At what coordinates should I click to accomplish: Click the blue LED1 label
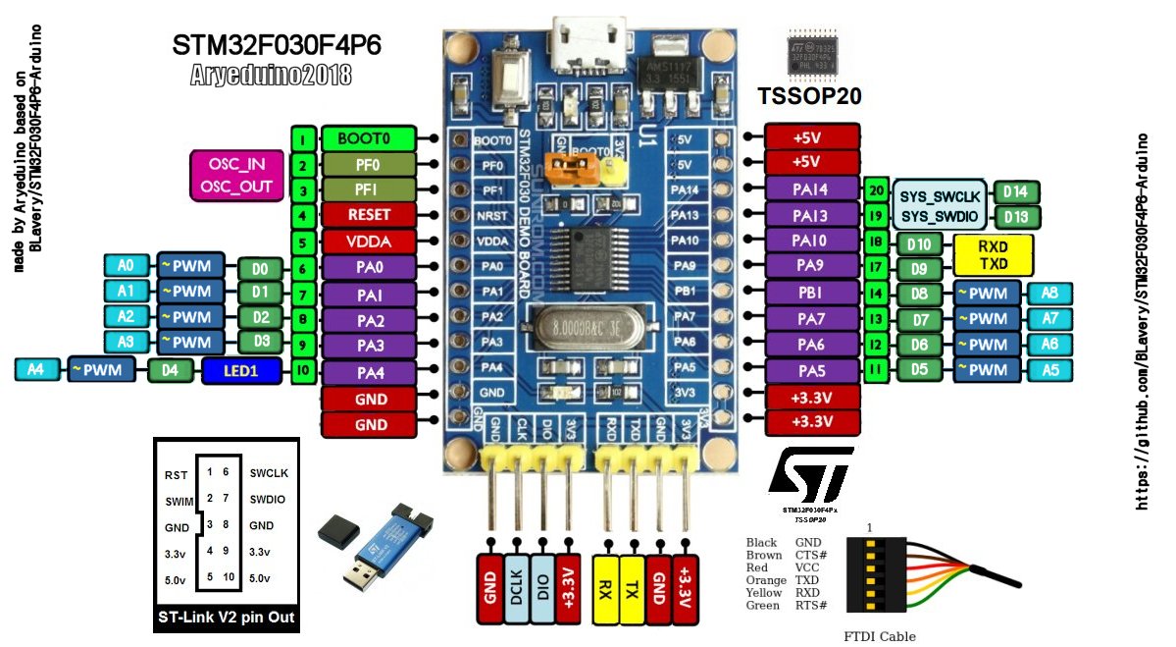241,370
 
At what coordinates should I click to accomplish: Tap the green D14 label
1016,191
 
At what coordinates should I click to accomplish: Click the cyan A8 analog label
1049,293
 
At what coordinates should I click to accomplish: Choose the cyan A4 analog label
35,370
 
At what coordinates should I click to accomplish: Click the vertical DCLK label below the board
517,579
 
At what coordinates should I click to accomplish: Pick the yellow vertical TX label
635,579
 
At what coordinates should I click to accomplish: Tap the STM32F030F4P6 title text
277,45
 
